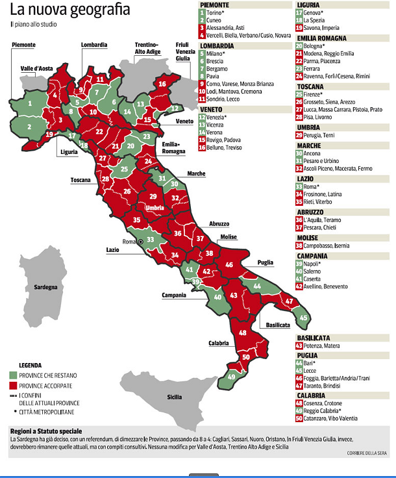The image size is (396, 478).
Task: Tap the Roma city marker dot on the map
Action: click(x=139, y=241)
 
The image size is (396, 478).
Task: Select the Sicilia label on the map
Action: click(x=174, y=397)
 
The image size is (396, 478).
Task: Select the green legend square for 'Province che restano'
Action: click(x=13, y=375)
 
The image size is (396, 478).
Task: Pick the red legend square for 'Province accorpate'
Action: click(x=13, y=385)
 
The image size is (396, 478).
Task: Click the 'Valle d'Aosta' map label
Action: click(x=36, y=68)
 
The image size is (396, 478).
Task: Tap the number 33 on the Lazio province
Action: click(x=150, y=239)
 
